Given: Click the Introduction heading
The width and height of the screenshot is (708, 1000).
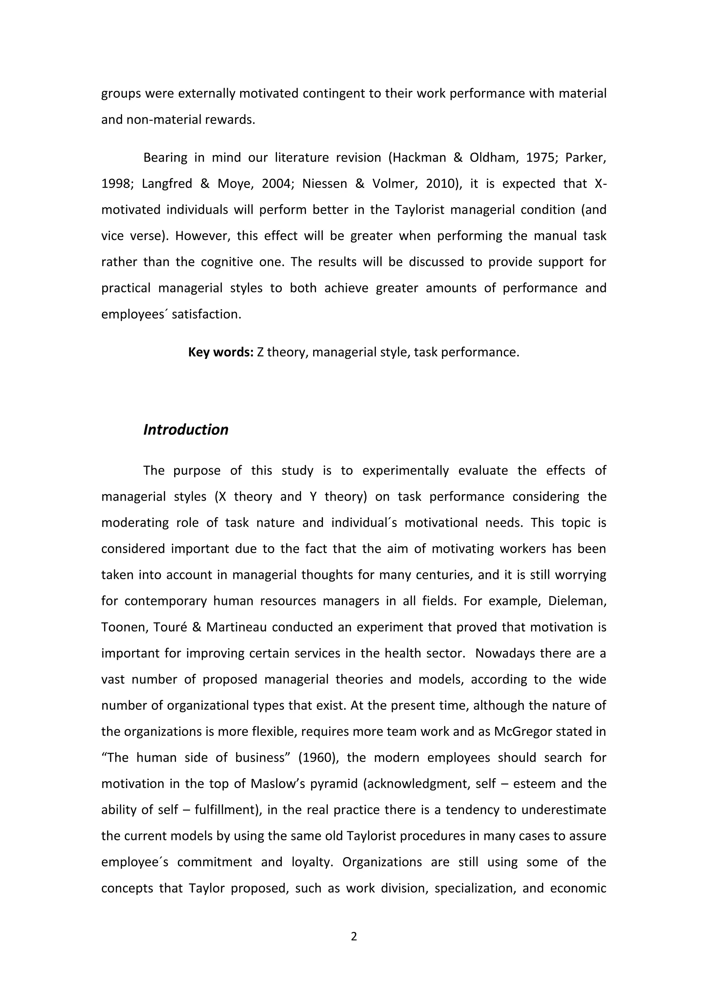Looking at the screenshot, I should click(186, 430).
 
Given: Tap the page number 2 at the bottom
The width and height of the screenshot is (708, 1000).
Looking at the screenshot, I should click(354, 936).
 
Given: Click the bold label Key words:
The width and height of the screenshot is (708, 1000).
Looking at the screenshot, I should click(221, 352).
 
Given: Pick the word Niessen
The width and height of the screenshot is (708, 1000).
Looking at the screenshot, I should click(325, 184).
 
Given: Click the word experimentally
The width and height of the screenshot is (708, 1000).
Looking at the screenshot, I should click(406, 471).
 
